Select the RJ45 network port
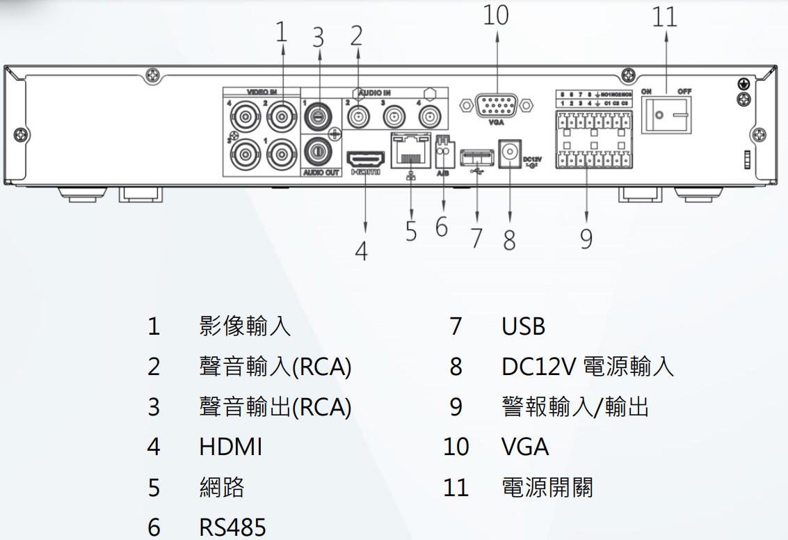click(x=411, y=149)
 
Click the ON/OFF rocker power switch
click(x=668, y=113)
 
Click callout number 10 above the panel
click(x=497, y=16)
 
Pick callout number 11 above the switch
click(x=664, y=17)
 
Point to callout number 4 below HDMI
click(x=360, y=251)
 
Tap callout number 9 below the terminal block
click(x=586, y=239)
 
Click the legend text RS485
click(x=232, y=527)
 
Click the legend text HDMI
click(x=231, y=447)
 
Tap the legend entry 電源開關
click(x=547, y=487)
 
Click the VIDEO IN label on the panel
click(x=262, y=91)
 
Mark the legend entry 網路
click(x=222, y=487)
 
